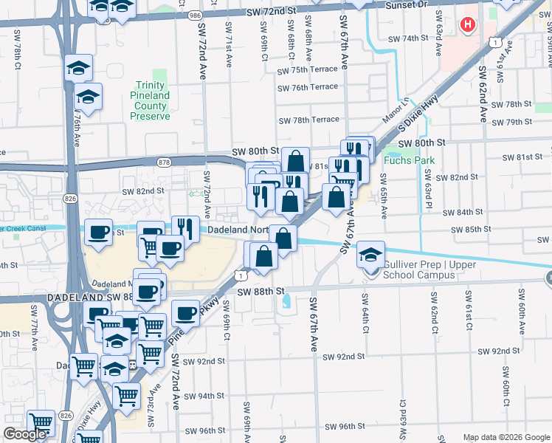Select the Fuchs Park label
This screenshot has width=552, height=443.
410,160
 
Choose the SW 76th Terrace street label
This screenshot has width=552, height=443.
308,87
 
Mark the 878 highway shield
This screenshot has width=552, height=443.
164,161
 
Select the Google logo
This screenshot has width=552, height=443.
25,434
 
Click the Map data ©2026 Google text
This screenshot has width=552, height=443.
506,437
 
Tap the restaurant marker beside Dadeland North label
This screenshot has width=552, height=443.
186,227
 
